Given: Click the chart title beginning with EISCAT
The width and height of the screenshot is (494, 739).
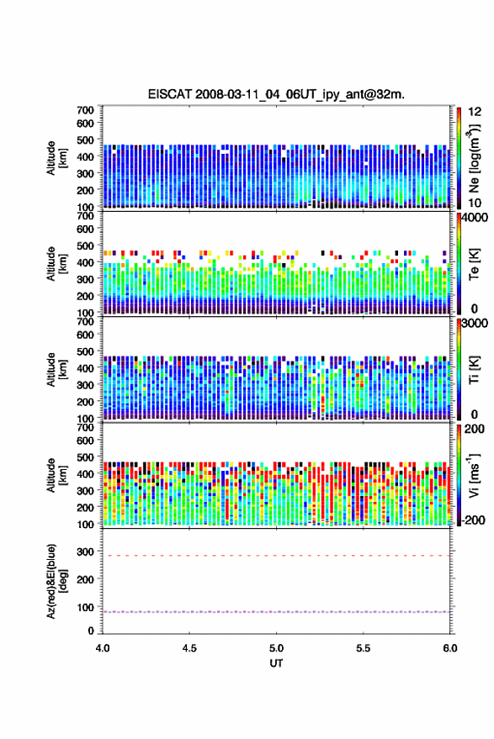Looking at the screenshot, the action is point(276,94).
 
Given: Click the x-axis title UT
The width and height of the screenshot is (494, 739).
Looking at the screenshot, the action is point(276,663).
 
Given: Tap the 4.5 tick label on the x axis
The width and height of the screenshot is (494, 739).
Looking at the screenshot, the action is point(189,648).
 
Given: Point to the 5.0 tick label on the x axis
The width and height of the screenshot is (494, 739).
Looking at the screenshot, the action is point(276,648).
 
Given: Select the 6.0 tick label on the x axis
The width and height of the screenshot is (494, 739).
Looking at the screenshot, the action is point(449,648).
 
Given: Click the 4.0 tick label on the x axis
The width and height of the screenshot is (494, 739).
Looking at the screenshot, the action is point(103,648).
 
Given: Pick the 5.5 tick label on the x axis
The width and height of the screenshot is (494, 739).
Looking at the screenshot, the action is point(363,648).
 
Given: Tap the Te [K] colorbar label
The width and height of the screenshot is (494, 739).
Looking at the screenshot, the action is point(474,264).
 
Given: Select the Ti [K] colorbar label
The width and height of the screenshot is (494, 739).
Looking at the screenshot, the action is point(474,371).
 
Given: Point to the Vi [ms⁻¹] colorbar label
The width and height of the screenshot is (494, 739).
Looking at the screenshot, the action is point(475,476).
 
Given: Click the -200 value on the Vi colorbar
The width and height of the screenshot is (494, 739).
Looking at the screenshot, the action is point(473,520).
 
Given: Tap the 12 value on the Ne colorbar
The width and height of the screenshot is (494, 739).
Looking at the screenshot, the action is point(475,112).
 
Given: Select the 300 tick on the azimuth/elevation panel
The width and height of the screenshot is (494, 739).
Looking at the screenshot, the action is point(85,551).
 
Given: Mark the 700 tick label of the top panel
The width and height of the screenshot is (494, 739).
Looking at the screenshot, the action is point(85,110).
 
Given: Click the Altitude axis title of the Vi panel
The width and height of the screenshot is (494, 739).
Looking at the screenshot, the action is point(56,475).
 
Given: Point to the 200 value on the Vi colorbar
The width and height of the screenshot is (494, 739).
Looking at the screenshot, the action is point(474,429).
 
